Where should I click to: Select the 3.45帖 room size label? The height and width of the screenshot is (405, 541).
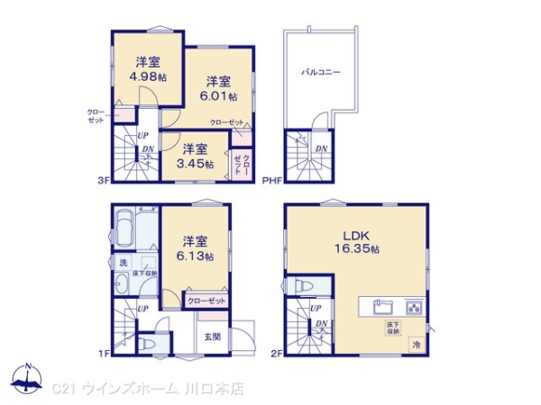[x=195, y=157]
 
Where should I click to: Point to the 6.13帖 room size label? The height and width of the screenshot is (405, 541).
[x=195, y=248]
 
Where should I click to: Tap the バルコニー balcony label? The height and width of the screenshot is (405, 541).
[x=321, y=72]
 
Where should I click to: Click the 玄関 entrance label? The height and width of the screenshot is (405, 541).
[x=212, y=337]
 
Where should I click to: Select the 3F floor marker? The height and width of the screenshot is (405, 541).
[x=104, y=180]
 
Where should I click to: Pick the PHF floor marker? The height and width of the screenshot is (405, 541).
[x=271, y=180]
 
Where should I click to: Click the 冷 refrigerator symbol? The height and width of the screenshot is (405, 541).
[x=416, y=343]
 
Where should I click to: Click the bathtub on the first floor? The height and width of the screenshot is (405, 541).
[x=126, y=229]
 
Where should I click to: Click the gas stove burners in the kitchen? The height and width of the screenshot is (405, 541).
[x=415, y=305]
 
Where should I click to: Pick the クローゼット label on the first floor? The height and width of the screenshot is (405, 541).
[x=206, y=301]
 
